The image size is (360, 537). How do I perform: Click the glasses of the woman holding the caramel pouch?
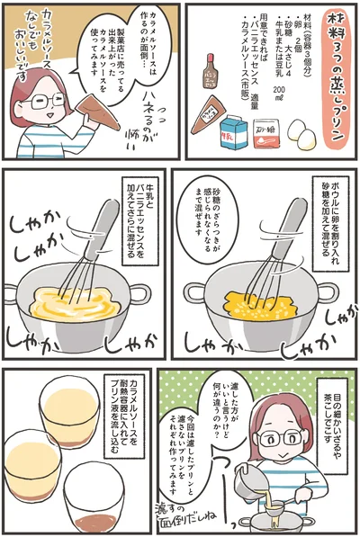point(42,100)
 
